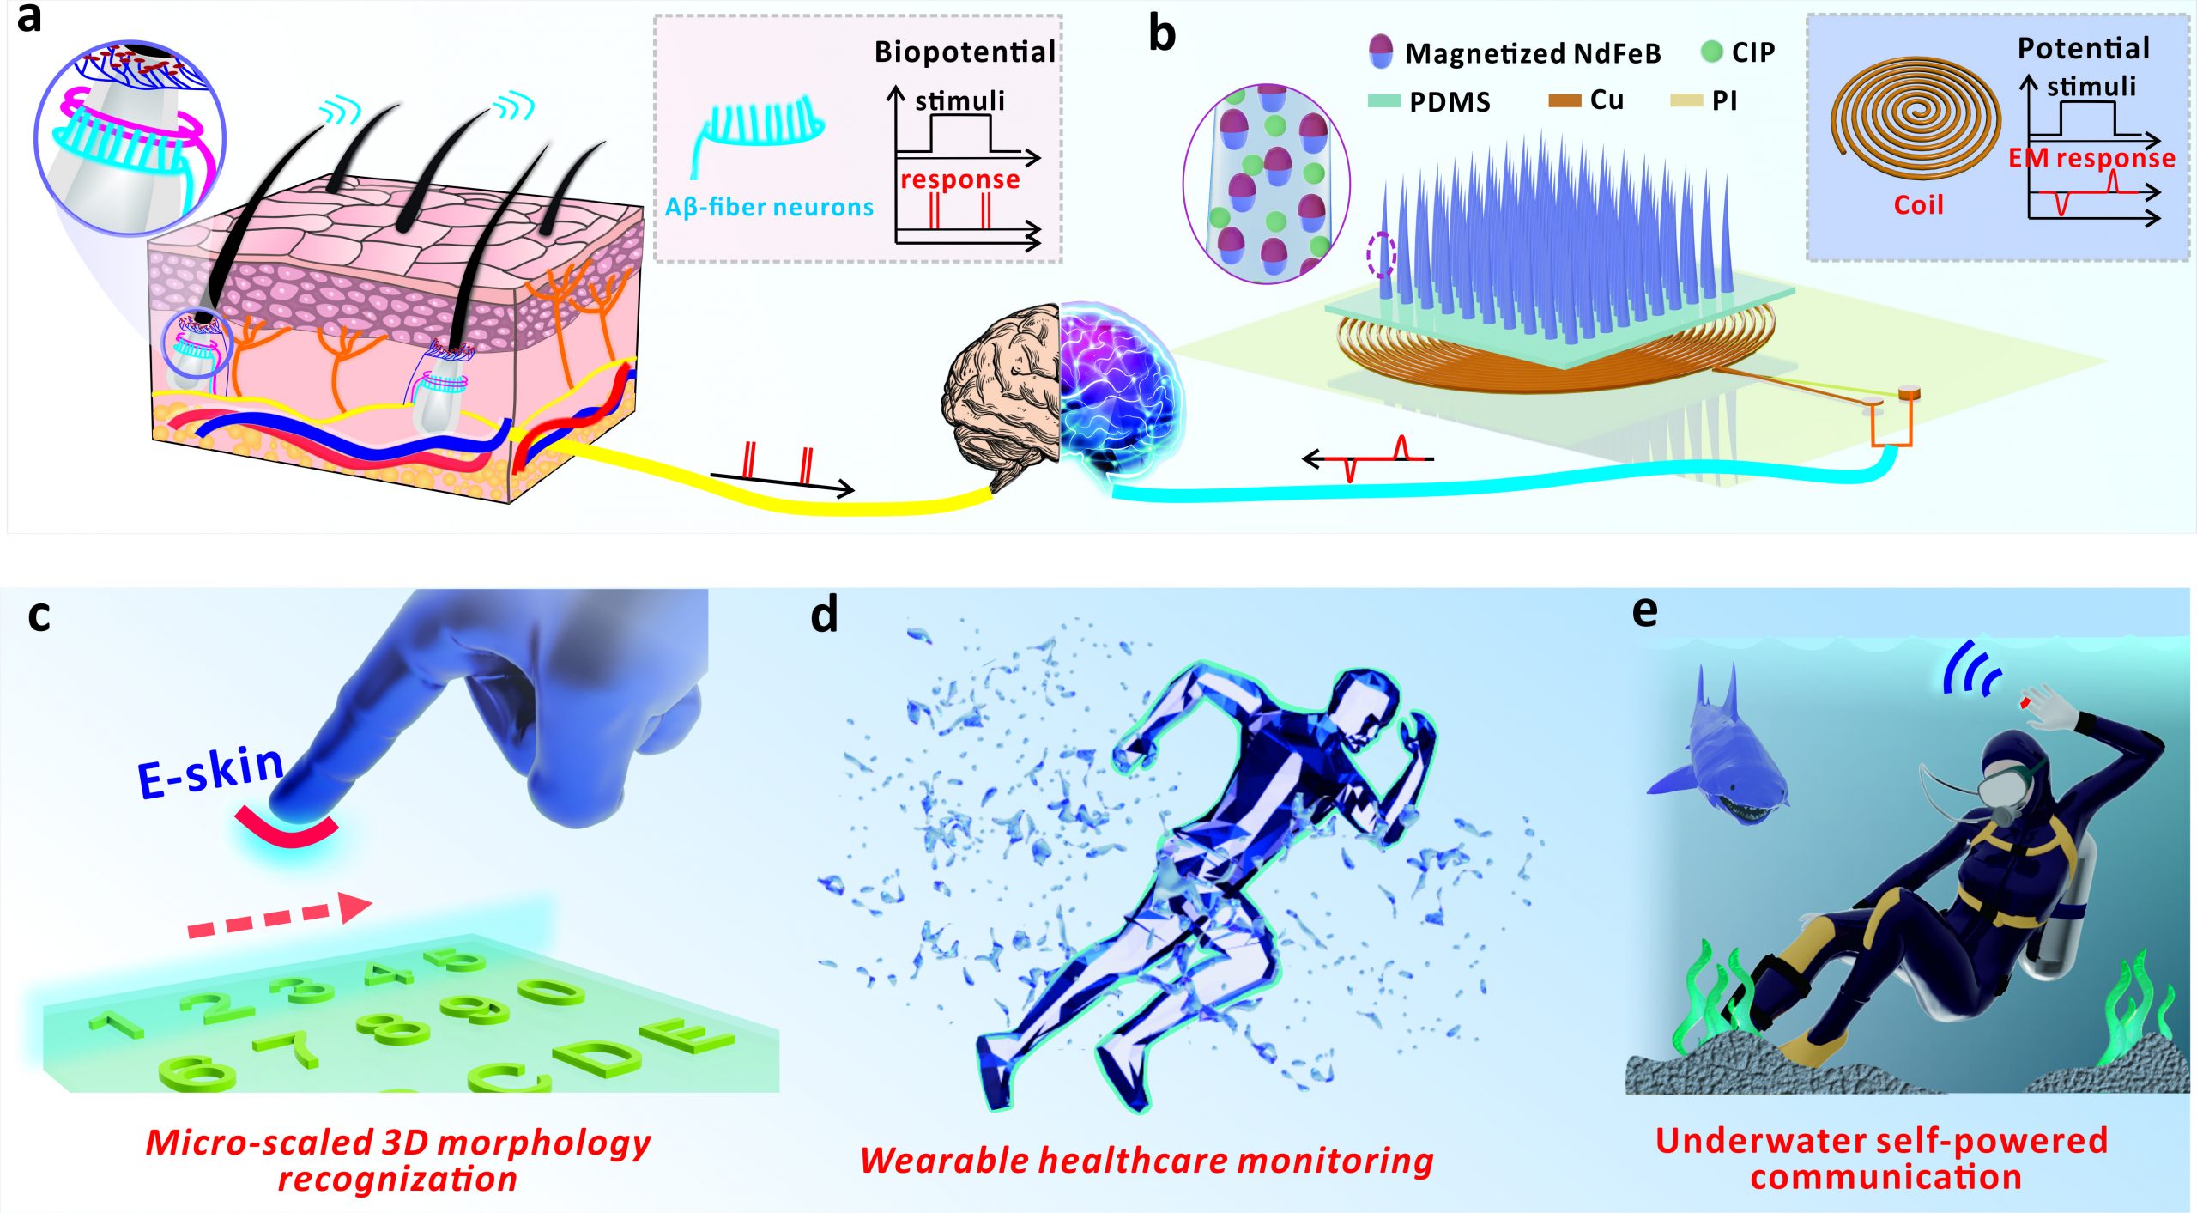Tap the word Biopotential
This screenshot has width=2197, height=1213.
click(965, 53)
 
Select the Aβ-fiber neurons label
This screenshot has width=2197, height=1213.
click(769, 207)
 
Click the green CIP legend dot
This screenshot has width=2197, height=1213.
click(1711, 52)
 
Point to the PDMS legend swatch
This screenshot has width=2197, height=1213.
click(1383, 100)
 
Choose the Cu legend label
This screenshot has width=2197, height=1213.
click(1607, 100)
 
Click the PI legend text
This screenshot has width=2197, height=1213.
click(1724, 100)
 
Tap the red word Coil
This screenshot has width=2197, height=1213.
click(1918, 205)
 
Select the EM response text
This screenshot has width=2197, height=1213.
click(2091, 158)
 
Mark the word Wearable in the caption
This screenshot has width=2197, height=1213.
click(942, 1160)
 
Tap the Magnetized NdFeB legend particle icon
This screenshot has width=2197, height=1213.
click(1381, 52)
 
